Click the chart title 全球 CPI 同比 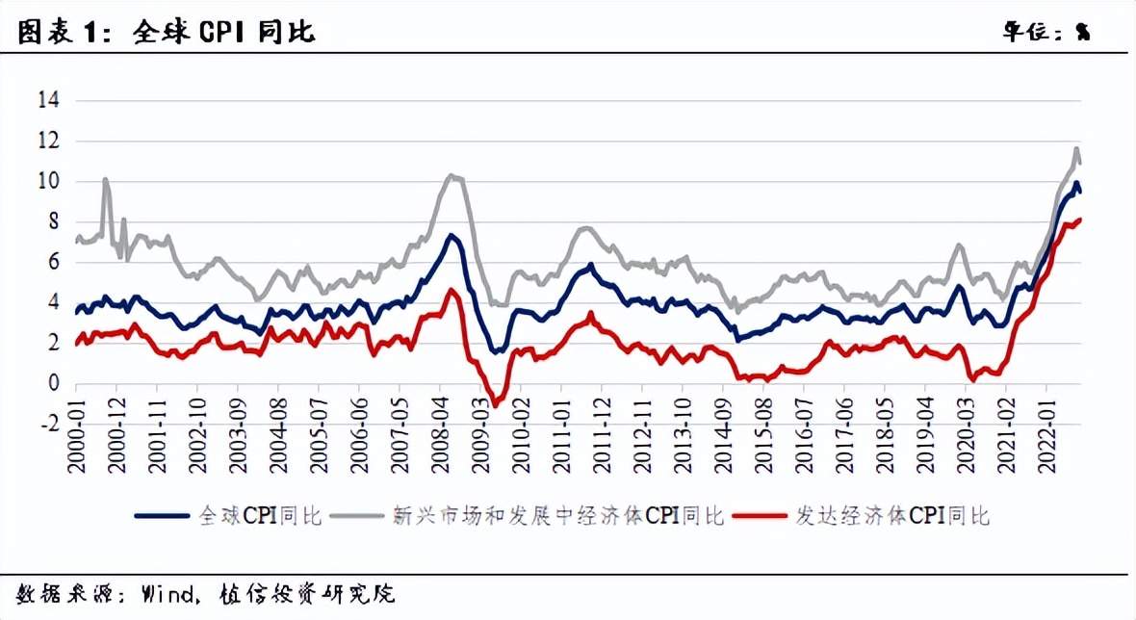pyautogui.click(x=221, y=32)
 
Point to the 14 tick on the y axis pyautogui.click(x=47, y=100)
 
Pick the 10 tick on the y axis pyautogui.click(x=47, y=181)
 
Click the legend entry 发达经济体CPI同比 pyautogui.click(x=891, y=516)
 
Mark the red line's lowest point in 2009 pyautogui.click(x=495, y=405)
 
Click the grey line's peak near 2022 pyautogui.click(x=1076, y=148)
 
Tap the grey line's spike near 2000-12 pyautogui.click(x=105, y=179)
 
